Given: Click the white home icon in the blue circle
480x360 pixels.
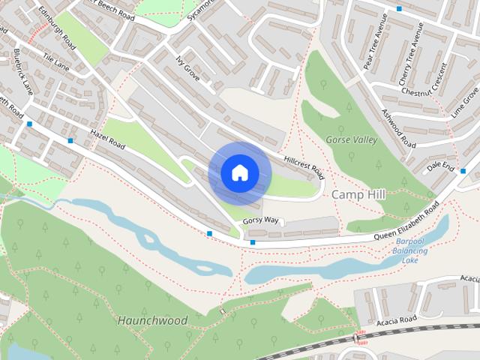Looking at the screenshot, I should (x=239, y=173).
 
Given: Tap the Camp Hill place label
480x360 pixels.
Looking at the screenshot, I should (x=358, y=194).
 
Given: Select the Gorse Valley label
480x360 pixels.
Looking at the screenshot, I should (x=350, y=139).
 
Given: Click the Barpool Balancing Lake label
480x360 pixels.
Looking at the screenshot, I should (x=410, y=251).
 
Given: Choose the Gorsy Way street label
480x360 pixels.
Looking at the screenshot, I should (x=262, y=220).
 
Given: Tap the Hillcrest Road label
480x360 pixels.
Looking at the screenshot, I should (x=304, y=166).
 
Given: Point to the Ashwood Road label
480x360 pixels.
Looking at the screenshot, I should (x=397, y=127).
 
